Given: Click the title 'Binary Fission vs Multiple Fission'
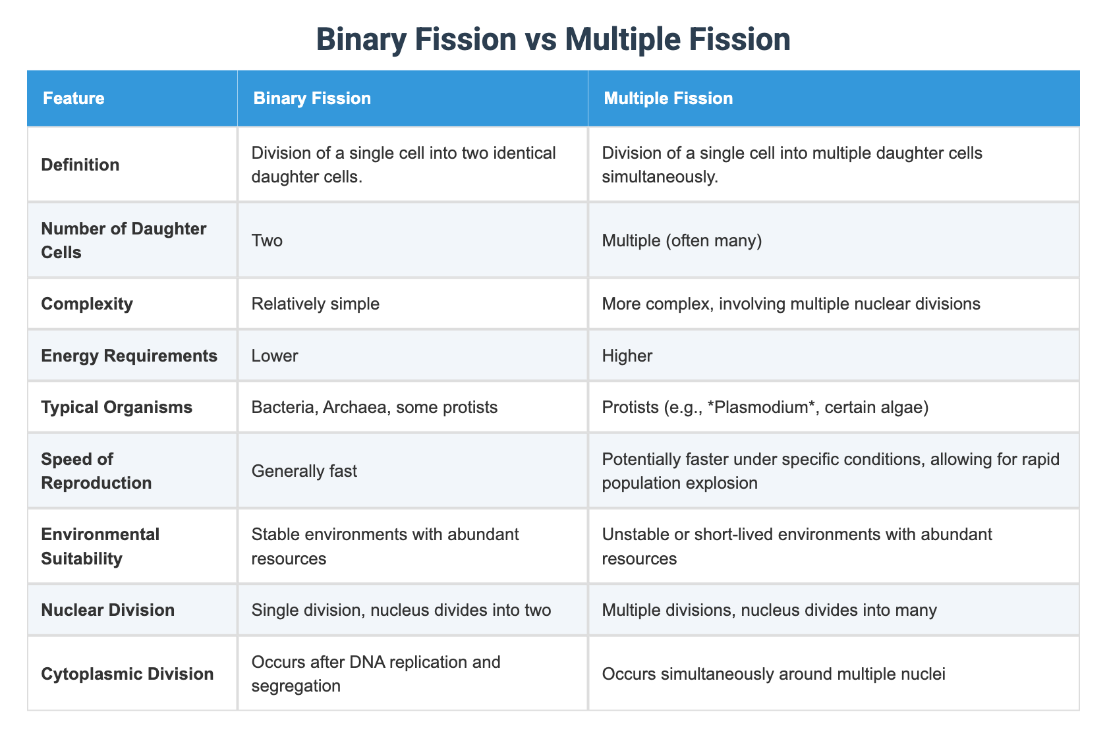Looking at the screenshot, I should point(553,40).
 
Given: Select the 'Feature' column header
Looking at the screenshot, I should point(73,99).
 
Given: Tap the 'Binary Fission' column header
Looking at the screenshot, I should point(312,99).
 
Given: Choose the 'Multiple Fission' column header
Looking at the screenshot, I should point(668,99).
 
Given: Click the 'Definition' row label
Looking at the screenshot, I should point(80,165).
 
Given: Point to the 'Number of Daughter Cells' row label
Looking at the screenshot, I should point(124,240).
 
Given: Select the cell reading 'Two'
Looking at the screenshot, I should point(267,240).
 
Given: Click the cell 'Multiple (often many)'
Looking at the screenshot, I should point(682,240).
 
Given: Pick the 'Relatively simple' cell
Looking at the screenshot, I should point(316,304).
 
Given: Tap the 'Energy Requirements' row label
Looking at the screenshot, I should point(129,356).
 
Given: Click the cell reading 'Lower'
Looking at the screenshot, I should point(275,356).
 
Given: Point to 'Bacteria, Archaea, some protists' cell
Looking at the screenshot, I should point(374,407).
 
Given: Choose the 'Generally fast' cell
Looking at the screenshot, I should point(304,471).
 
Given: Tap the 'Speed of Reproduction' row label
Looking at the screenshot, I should point(96,471).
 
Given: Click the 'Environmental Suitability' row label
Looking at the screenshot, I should point(100,546).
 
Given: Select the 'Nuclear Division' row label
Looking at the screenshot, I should point(107,610).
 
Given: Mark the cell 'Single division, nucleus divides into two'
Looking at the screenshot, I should point(401,610).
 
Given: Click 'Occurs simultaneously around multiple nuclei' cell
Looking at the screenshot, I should point(774,674).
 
